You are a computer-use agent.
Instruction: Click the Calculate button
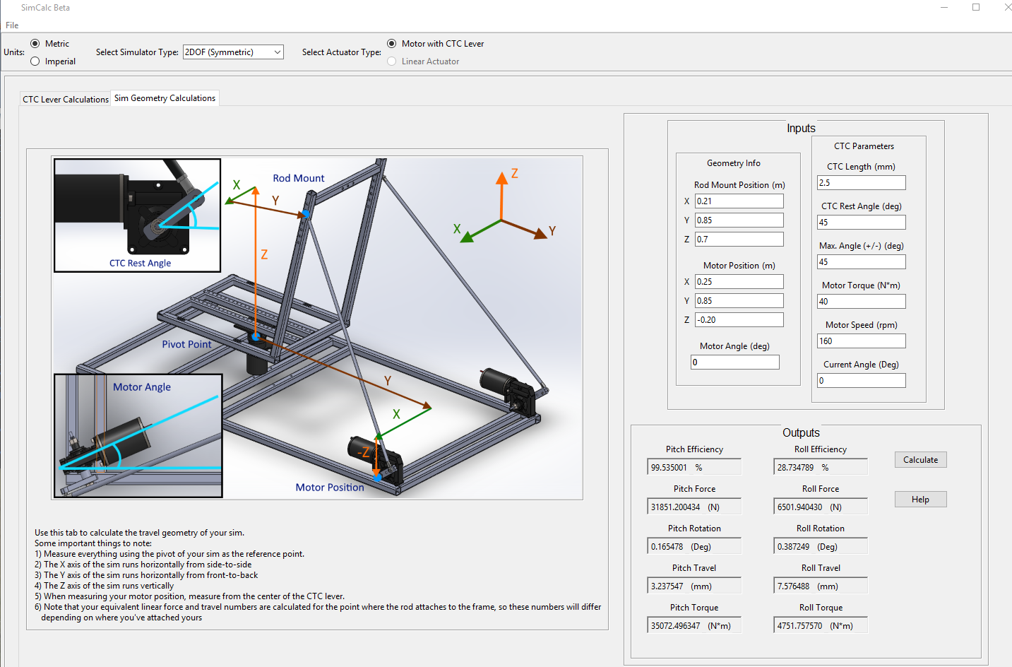click(x=920, y=460)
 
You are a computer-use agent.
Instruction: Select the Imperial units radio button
click(x=35, y=61)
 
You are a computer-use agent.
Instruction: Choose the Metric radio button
click(x=35, y=44)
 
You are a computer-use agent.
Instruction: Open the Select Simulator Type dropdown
click(x=233, y=52)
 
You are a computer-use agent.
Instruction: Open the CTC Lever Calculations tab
click(x=66, y=100)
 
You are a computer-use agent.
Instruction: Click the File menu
click(x=12, y=25)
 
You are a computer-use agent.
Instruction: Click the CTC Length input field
click(x=861, y=183)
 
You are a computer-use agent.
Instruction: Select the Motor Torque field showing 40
click(x=861, y=302)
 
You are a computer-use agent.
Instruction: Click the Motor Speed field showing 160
click(x=861, y=341)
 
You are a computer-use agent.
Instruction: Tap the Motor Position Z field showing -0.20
click(x=739, y=320)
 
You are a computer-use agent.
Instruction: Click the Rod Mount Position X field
click(x=739, y=201)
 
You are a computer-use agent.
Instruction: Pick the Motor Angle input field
click(x=734, y=362)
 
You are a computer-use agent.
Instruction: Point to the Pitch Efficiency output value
click(x=693, y=468)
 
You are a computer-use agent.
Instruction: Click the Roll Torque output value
click(x=820, y=626)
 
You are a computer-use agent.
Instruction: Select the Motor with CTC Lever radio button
click(x=392, y=44)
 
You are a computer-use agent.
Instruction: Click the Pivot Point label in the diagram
click(x=186, y=345)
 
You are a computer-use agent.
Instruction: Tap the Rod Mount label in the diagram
click(x=299, y=179)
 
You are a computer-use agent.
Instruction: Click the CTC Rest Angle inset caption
click(x=140, y=264)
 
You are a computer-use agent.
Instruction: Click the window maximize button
click(x=976, y=8)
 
